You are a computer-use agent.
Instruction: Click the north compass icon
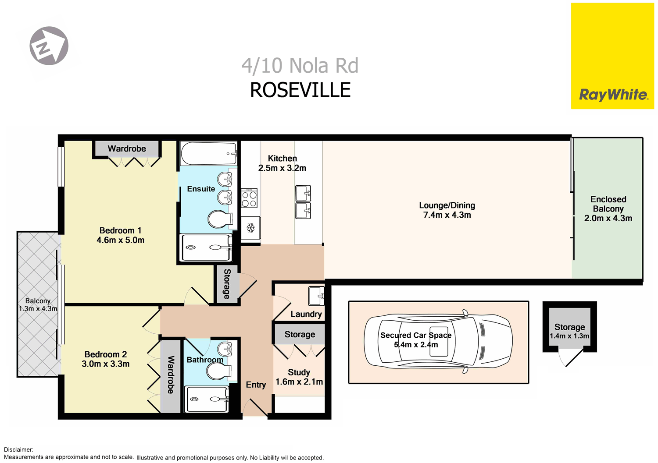[49, 46]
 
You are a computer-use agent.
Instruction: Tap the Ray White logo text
[613, 95]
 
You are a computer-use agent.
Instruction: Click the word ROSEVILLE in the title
[300, 90]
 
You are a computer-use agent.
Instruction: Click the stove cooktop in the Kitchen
[249, 198]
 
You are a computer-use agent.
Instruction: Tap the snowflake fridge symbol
[251, 228]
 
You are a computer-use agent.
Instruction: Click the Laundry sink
[316, 296]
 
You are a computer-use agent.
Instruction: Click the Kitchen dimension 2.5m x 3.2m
[282, 168]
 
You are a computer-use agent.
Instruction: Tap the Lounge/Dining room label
[447, 205]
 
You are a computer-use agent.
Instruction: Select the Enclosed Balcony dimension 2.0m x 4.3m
[608, 218]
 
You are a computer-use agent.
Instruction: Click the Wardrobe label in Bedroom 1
[127, 149]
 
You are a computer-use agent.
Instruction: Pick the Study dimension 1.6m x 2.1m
[299, 382]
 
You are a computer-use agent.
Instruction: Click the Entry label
[256, 385]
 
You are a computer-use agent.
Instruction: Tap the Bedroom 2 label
[106, 354]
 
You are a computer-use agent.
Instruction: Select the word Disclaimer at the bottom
[18, 449]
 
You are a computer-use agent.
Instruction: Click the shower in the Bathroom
[207, 399]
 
